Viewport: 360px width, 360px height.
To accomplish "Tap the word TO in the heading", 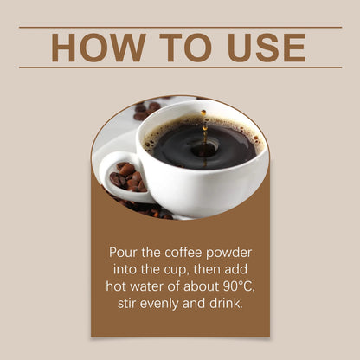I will coord(187,47).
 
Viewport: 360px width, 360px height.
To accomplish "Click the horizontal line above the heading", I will coord(180,27).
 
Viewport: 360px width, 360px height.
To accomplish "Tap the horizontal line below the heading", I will coord(180,67).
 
